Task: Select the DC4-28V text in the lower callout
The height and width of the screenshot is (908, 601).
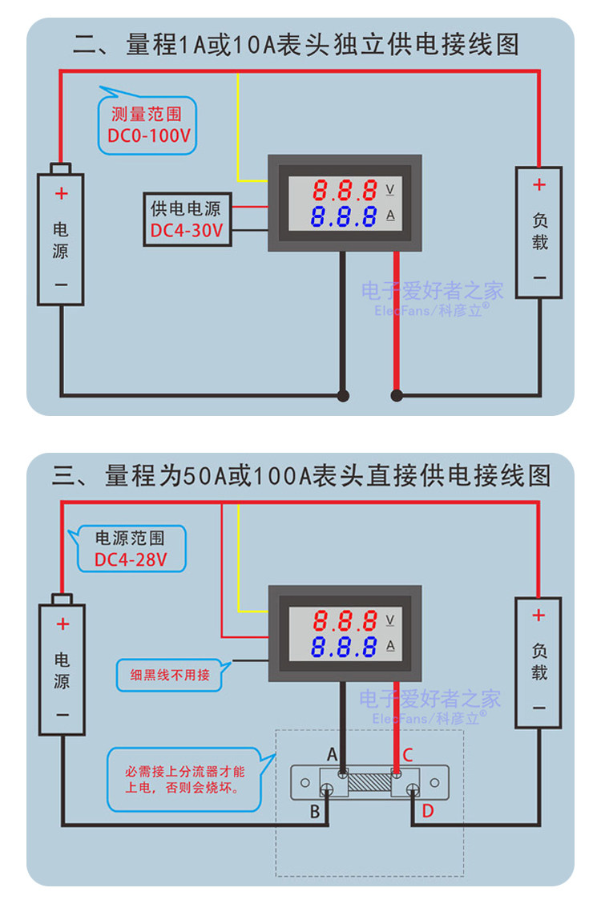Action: coord(131,559)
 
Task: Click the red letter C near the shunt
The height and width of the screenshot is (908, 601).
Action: coord(407,754)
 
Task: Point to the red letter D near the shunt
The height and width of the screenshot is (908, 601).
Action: coord(427,811)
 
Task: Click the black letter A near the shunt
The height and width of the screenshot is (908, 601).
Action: coord(332,754)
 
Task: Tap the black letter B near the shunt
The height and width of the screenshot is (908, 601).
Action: coord(315,812)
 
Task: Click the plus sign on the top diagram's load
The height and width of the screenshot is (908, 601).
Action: coord(539,185)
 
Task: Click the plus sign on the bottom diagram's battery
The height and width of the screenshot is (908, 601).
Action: coord(63,625)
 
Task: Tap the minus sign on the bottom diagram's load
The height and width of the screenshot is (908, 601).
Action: coord(539,707)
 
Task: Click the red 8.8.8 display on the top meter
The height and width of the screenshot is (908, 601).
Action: coord(345,191)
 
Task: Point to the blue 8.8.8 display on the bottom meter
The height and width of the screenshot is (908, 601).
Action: coord(345,647)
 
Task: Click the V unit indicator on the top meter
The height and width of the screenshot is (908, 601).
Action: coord(391,190)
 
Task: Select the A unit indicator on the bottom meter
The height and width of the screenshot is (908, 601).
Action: coord(391,646)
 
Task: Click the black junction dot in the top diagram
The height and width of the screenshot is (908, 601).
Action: coord(344,395)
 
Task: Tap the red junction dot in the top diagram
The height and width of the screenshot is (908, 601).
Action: coord(396,395)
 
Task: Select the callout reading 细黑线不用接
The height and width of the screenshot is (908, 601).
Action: coord(171,675)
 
